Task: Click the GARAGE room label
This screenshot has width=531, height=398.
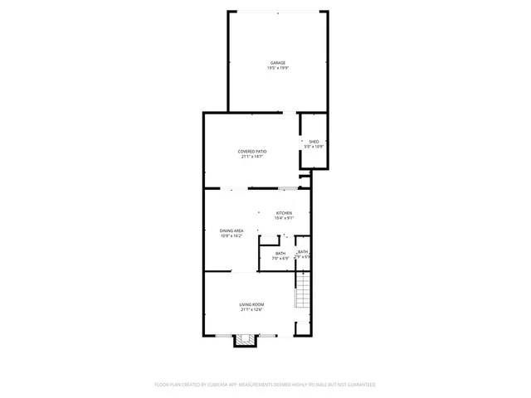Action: [x=277, y=63]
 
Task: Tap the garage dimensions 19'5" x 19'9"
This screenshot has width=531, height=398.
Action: [x=277, y=68]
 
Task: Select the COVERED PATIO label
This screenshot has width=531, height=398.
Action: [x=252, y=151]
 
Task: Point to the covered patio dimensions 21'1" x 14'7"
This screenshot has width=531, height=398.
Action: [x=252, y=156]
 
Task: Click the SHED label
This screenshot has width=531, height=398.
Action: [x=314, y=142]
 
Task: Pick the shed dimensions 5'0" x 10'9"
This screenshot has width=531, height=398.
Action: [x=314, y=147]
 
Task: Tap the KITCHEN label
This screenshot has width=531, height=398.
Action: [x=285, y=213]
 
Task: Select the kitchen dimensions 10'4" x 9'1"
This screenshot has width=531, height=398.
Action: [x=285, y=218]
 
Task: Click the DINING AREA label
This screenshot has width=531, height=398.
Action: [x=231, y=231]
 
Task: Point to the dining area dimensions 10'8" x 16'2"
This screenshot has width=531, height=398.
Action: [x=231, y=235]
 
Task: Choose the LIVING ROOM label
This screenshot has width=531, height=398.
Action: [x=252, y=305]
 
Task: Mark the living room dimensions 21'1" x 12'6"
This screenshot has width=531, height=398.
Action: [x=252, y=310]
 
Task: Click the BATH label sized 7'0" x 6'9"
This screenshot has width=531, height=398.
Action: [x=280, y=253]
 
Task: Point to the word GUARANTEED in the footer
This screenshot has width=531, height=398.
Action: [x=358, y=385]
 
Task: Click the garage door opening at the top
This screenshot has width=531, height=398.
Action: [x=277, y=12]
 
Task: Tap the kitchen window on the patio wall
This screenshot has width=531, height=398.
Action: [x=288, y=188]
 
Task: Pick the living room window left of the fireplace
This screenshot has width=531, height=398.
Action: [x=224, y=335]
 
